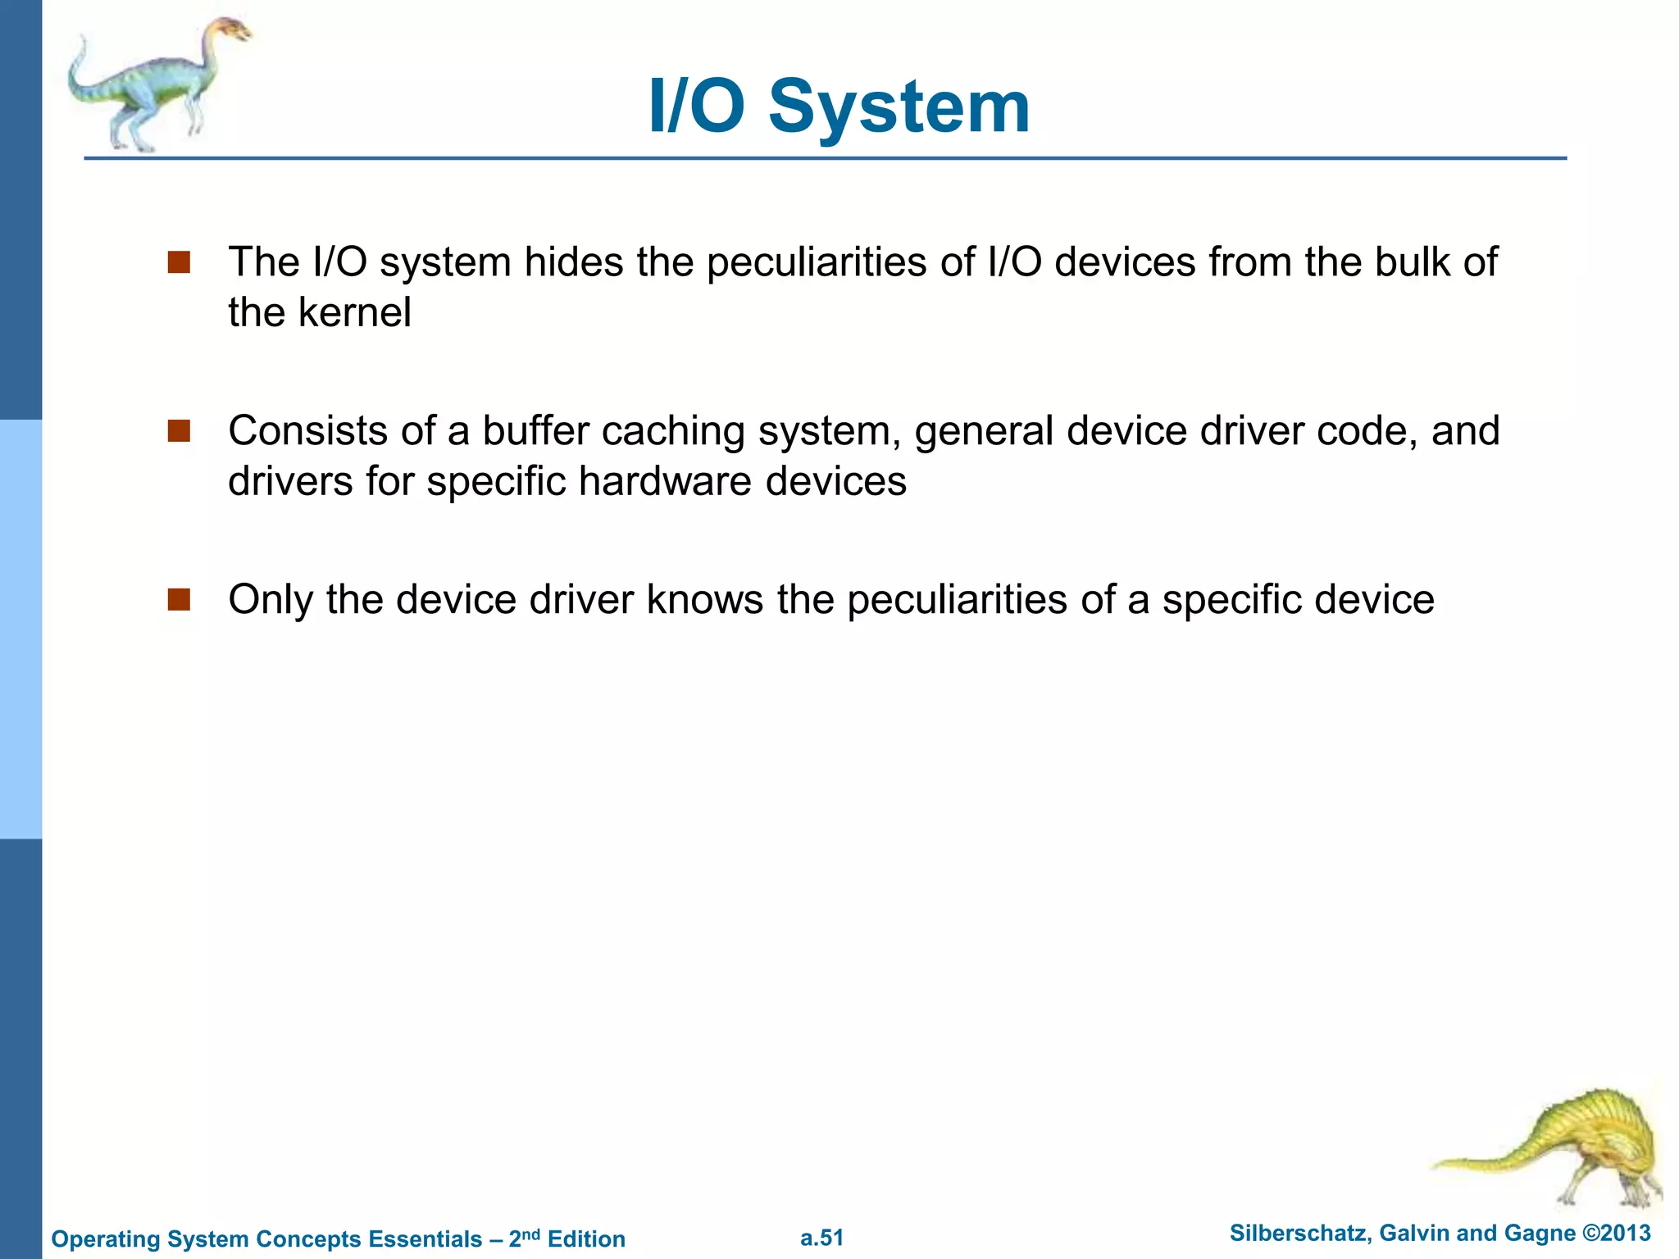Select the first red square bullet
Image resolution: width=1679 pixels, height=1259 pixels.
(x=179, y=262)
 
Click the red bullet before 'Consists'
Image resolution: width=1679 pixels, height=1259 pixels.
(x=179, y=431)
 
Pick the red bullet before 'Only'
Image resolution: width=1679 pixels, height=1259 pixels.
(x=179, y=600)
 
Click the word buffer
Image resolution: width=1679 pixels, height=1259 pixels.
(x=535, y=431)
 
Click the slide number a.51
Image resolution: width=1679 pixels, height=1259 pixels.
(x=821, y=1238)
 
